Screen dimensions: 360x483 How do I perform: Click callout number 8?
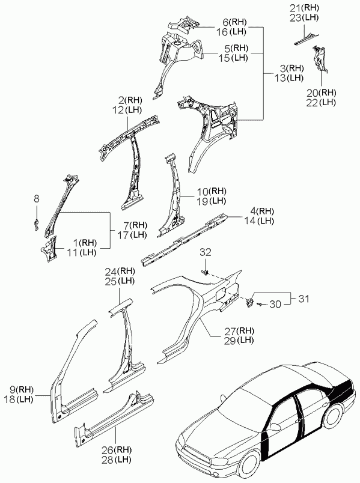(37, 199)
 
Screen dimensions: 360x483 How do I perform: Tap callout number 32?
(206, 252)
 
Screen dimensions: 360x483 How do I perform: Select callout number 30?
(275, 305)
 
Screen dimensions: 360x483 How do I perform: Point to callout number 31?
(304, 299)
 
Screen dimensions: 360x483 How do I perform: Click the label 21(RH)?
(305, 8)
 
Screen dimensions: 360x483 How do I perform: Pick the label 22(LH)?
(321, 103)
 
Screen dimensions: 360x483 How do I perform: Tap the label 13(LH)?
(289, 78)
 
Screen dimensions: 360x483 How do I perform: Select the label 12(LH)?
(127, 110)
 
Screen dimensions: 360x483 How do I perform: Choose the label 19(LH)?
(211, 201)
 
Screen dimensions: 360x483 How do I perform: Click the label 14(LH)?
(258, 221)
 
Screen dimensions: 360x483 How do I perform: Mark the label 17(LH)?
(132, 235)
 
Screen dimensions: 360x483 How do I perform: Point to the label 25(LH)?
(120, 281)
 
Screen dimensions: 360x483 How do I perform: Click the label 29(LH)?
(239, 341)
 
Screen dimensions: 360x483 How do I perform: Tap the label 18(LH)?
(19, 399)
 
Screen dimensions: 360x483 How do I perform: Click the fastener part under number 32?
(206, 272)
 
